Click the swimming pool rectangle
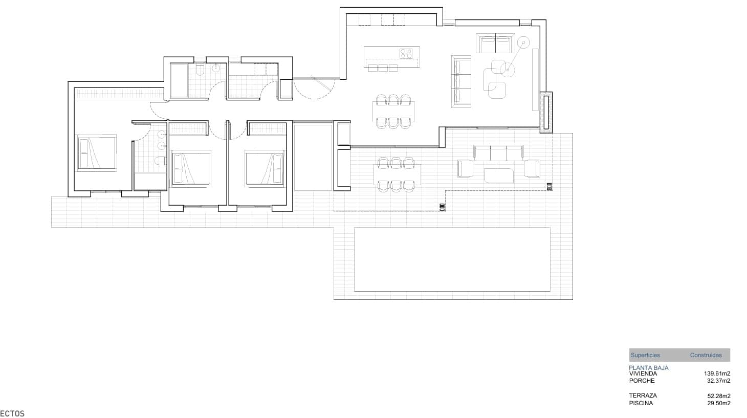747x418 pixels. [452, 259]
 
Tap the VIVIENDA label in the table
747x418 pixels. [643, 374]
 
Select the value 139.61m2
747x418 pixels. [717, 374]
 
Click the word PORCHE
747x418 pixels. [642, 381]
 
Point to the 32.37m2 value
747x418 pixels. [718, 381]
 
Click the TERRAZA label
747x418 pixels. [643, 395]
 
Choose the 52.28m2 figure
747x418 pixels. [718, 395]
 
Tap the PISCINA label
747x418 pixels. [641, 403]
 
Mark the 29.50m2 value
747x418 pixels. [718, 403]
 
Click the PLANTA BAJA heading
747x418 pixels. [648, 368]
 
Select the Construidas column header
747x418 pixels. [706, 355]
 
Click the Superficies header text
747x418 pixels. [645, 355]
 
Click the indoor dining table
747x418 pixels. [393, 111]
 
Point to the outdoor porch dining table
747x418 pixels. [396, 174]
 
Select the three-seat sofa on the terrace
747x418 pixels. [498, 153]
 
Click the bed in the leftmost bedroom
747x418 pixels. [97, 153]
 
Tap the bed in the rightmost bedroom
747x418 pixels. [264, 168]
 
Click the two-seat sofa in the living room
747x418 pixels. [495, 43]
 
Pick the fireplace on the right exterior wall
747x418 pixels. [546, 112]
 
